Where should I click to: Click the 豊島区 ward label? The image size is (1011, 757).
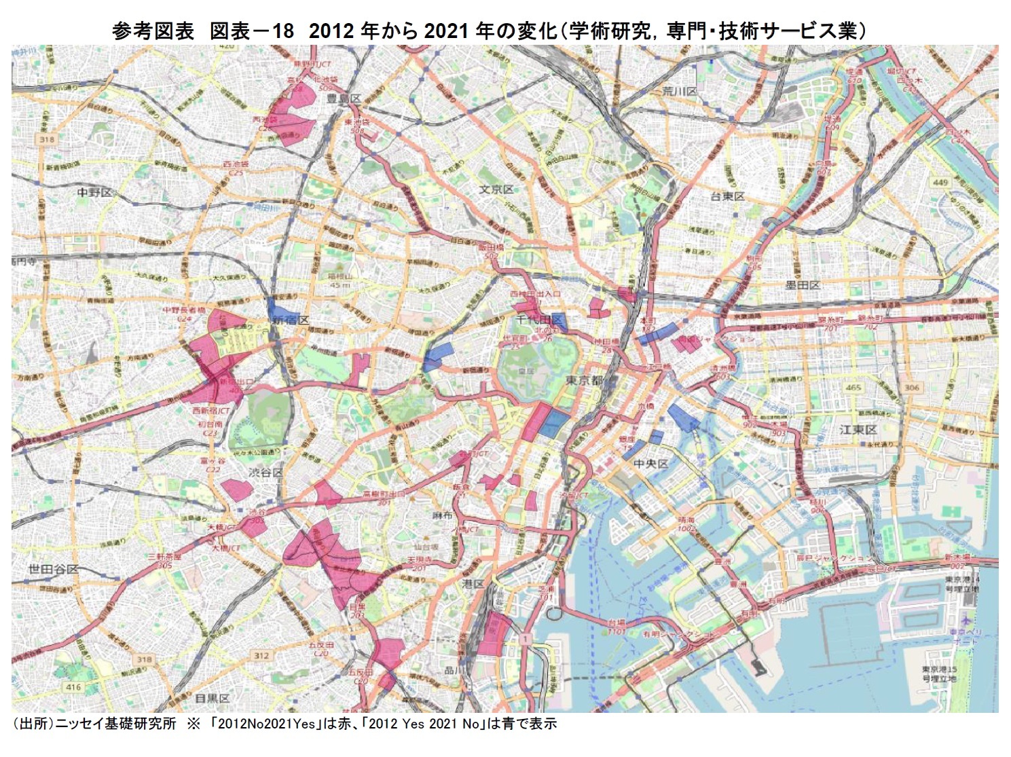pyautogui.click(x=344, y=98)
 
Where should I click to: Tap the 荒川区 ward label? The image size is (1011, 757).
pyautogui.click(x=680, y=91)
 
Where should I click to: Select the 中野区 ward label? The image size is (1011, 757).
pyautogui.click(x=94, y=192)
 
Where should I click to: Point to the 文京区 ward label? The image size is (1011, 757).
pyautogui.click(x=497, y=189)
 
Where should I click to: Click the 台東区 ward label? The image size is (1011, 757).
pyautogui.click(x=727, y=196)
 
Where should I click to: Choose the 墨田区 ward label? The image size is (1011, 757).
pyautogui.click(x=803, y=285)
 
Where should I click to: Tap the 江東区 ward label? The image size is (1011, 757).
pyautogui.click(x=858, y=430)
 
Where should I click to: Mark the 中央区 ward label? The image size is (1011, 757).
pyautogui.click(x=650, y=464)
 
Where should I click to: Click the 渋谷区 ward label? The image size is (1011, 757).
pyautogui.click(x=265, y=472)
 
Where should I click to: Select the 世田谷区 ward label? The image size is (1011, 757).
pyautogui.click(x=54, y=569)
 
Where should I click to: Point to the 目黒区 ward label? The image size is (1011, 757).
pyautogui.click(x=213, y=698)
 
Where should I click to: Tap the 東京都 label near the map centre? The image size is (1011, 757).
pyautogui.click(x=585, y=380)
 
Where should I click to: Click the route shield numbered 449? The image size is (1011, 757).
pyautogui.click(x=940, y=182)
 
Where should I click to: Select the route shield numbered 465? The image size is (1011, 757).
pyautogui.click(x=853, y=388)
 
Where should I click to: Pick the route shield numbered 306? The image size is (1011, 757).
pyautogui.click(x=911, y=388)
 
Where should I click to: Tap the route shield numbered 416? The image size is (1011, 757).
pyautogui.click(x=73, y=687)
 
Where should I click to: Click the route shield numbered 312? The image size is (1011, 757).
pyautogui.click(x=261, y=655)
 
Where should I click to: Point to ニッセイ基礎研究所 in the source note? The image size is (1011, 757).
pyautogui.click(x=115, y=724)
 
